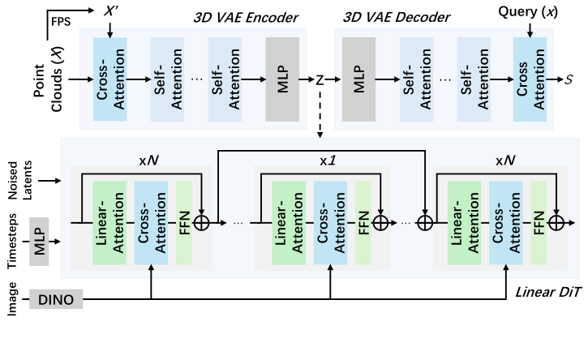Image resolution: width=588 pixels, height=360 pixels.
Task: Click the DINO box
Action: [x=56, y=299]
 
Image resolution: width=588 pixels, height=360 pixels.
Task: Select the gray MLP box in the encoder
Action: [x=282, y=79]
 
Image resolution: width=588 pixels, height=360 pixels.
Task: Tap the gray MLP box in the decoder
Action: [x=358, y=79]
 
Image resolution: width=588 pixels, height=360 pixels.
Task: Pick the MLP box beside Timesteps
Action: [x=39, y=242]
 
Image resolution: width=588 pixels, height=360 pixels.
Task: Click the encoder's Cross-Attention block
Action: [x=109, y=79]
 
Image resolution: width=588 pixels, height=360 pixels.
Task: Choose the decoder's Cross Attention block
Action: [x=530, y=79]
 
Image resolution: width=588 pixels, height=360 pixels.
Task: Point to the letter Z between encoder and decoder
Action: [x=320, y=80]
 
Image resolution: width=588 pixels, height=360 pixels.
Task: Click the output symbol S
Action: [x=569, y=79]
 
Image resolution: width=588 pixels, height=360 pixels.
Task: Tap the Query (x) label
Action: [x=528, y=11]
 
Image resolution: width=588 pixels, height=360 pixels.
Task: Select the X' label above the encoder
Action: [x=110, y=11]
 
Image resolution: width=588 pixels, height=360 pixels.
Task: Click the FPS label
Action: [x=61, y=21]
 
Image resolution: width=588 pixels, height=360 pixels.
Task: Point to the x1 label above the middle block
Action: [x=328, y=161]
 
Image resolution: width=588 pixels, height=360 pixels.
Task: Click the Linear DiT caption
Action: [x=548, y=292]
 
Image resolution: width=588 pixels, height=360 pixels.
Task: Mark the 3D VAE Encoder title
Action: [x=246, y=18]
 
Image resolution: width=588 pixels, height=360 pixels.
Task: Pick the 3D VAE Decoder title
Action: [x=397, y=17]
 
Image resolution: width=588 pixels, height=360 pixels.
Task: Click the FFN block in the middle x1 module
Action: [x=363, y=223]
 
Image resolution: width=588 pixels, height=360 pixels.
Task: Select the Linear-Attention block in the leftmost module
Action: [x=109, y=223]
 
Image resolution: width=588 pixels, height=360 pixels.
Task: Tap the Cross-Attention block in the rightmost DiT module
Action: [x=506, y=223]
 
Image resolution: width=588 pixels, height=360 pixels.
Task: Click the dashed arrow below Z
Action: [x=320, y=113]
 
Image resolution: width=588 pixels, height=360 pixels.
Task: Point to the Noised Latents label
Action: [x=20, y=180]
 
